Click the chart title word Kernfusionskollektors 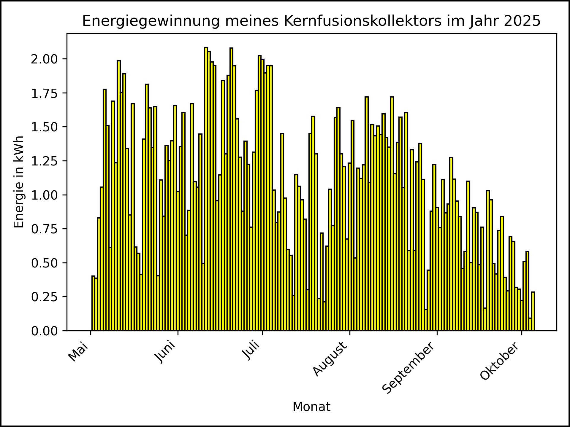click(x=363, y=21)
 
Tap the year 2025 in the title click(x=525, y=21)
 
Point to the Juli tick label click(x=252, y=351)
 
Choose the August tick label click(x=330, y=359)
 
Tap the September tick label click(x=408, y=368)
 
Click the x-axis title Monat click(x=311, y=407)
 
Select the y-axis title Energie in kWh click(x=19, y=182)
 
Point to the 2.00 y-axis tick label click(x=45, y=59)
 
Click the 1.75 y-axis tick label click(x=45, y=93)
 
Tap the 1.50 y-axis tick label click(x=45, y=127)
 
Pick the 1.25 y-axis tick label click(x=45, y=161)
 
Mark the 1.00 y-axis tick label click(x=45, y=195)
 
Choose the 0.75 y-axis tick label click(x=45, y=229)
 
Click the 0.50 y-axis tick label click(x=45, y=263)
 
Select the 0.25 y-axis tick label click(x=45, y=297)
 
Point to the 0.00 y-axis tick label click(x=45, y=331)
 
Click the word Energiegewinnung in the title click(x=151, y=21)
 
